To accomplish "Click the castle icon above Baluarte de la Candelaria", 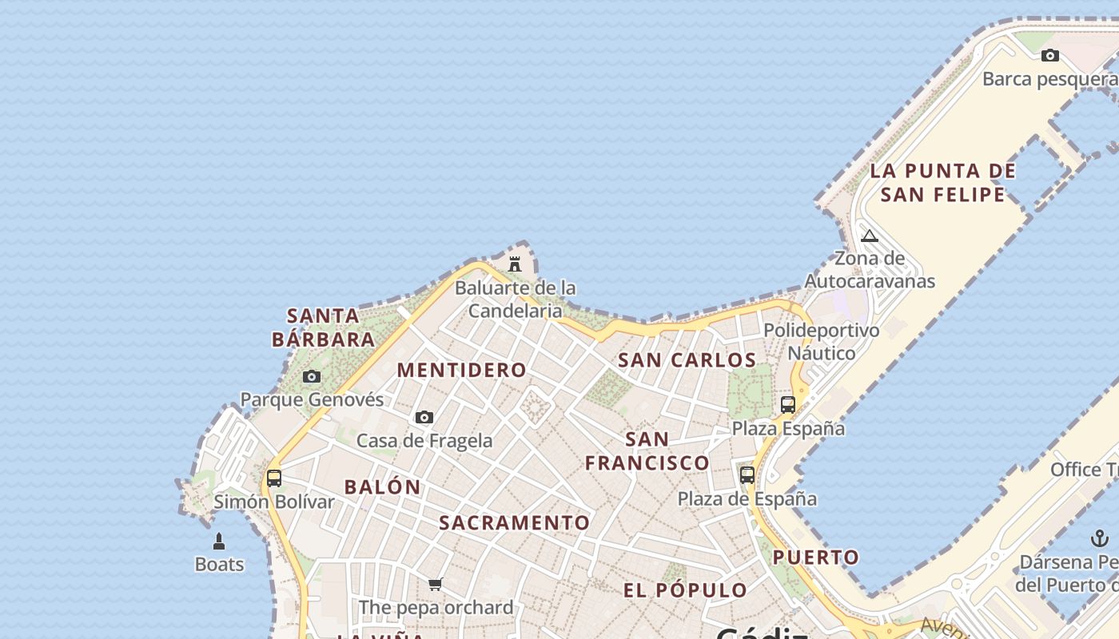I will [515, 263].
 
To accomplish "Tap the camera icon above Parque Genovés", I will [312, 376].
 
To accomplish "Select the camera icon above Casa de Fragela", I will [424, 417].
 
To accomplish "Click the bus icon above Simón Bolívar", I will [274, 478].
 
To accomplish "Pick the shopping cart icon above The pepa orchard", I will [435, 584].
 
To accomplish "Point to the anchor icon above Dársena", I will [1100, 538].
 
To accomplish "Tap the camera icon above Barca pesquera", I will [1050, 55].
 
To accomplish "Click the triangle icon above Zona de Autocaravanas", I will [870, 236].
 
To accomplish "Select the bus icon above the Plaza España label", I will [788, 405].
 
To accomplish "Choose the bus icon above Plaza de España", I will [747, 475].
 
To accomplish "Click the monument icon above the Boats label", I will [219, 542].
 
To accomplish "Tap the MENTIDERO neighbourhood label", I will [462, 371].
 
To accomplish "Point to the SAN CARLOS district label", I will [687, 360].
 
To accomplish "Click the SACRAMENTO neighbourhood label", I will [515, 523].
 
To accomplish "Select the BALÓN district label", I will [382, 486].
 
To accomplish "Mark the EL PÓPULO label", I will [686, 591].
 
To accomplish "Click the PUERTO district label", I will [816, 558].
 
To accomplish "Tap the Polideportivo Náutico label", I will [822, 342].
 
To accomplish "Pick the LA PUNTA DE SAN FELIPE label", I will [943, 183].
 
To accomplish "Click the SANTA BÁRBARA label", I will [324, 327].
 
